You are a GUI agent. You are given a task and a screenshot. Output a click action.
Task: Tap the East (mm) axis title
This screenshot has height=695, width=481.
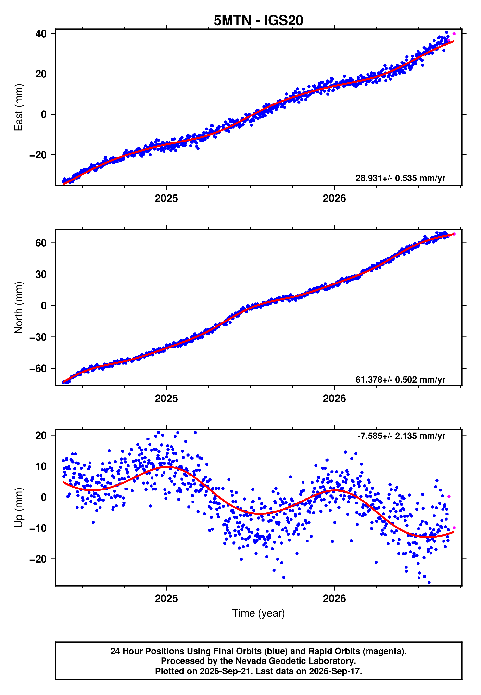point(19,108)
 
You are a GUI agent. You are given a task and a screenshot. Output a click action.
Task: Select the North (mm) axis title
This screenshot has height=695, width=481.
point(19,308)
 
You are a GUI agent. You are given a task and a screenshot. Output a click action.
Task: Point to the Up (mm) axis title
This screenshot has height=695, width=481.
point(19,507)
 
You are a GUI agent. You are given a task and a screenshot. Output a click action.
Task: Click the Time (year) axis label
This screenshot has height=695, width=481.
point(258,613)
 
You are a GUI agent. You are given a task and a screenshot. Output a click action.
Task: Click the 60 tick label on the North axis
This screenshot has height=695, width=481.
point(41,243)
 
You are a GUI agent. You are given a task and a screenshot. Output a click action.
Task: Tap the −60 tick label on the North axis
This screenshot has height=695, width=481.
point(38,368)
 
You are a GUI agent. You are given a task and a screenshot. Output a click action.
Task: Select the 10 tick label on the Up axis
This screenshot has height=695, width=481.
point(41,466)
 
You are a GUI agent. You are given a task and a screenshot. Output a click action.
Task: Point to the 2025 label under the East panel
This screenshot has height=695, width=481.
point(166,198)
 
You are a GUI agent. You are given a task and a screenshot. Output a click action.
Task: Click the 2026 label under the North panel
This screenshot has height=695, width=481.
point(335,399)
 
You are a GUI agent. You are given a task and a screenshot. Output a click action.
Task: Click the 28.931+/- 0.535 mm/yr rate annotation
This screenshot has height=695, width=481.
point(400,178)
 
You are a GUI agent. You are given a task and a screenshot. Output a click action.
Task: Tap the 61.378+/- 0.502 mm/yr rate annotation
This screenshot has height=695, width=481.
point(400,379)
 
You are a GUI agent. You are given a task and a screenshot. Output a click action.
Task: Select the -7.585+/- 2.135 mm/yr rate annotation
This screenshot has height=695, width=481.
point(401,436)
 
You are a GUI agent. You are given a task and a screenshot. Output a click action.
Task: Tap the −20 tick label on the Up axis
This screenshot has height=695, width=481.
point(38,559)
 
